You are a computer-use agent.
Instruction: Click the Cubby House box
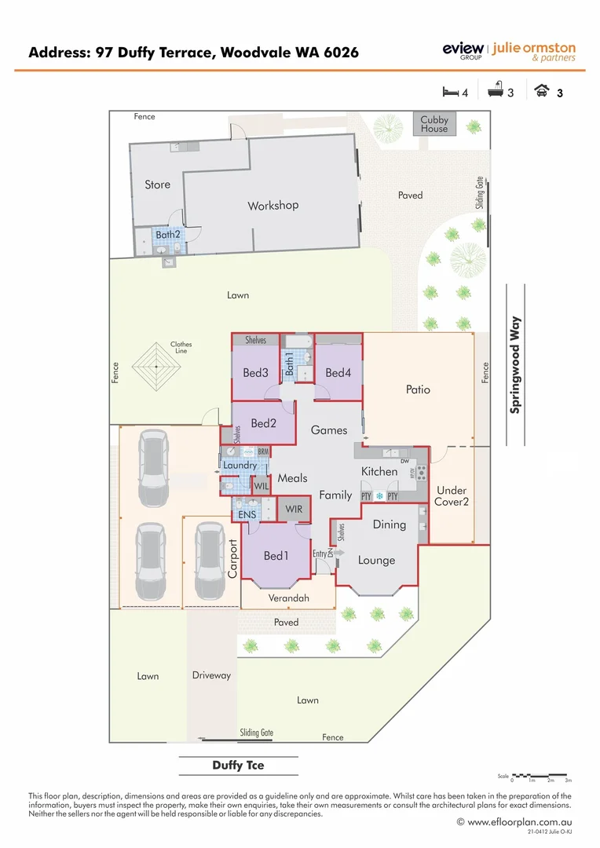point(434,124)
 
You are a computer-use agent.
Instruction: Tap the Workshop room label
point(273,206)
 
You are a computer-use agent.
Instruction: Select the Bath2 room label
point(167,234)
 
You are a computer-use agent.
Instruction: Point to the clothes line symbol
point(156,366)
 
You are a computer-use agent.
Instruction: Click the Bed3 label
point(256,373)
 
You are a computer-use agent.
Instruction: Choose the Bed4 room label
point(338,373)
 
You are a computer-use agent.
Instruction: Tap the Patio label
point(418,389)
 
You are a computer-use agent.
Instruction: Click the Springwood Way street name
point(516,364)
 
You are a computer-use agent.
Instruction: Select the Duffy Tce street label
point(238,766)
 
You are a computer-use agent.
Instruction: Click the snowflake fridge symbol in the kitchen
point(379,496)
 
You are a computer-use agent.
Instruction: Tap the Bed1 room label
point(276,556)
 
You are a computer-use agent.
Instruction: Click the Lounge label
point(376,561)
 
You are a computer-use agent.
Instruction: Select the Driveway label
point(211,675)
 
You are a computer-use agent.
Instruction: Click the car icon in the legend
point(542,91)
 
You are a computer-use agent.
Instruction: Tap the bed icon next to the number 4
point(450,92)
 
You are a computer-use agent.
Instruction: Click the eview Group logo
point(463,51)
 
